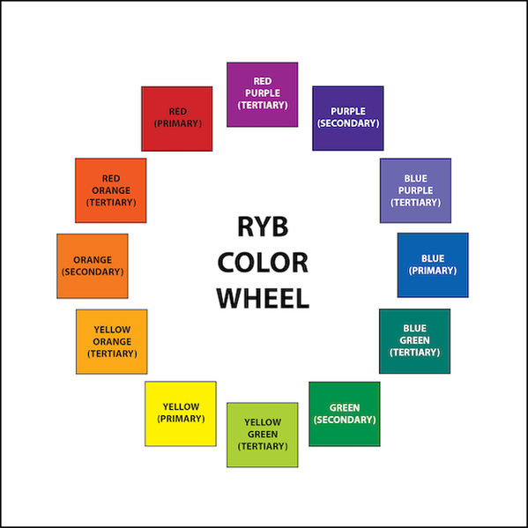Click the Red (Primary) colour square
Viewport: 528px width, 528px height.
[177, 119]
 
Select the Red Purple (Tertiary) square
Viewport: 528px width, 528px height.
[263, 94]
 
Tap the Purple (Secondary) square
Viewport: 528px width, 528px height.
[348, 118]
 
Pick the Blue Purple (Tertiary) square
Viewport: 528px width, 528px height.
[415, 190]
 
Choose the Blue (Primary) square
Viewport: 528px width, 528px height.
[433, 265]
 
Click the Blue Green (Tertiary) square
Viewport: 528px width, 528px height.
[414, 341]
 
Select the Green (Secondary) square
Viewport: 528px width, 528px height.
[345, 413]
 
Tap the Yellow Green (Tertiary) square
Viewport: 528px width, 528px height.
[263, 435]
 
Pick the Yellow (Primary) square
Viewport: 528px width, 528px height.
[181, 413]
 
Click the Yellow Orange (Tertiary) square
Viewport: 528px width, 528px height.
[111, 341]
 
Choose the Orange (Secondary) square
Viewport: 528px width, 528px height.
[93, 266]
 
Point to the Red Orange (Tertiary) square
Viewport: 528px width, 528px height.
[111, 190]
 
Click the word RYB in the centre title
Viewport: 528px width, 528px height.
[263, 227]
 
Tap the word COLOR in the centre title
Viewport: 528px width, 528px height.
[263, 263]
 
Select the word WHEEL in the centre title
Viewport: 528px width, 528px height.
[263, 298]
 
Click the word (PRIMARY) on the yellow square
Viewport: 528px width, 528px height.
[181, 419]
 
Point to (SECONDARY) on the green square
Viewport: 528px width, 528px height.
[345, 420]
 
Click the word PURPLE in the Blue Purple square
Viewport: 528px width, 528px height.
[415, 190]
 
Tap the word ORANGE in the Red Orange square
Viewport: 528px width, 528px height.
[111, 190]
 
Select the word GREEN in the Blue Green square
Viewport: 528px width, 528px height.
[414, 340]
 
